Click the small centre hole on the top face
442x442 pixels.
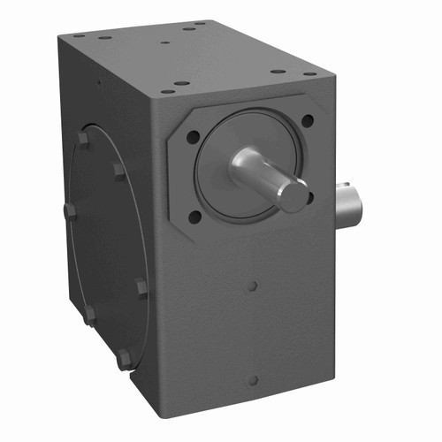tap(165, 41)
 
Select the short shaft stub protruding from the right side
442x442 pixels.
tap(350, 203)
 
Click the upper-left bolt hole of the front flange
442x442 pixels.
tap(193, 137)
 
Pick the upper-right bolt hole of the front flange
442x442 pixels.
tap(307, 120)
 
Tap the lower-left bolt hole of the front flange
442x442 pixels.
tap(194, 215)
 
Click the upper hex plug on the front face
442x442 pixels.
tap(253, 286)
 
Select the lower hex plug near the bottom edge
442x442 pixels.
tap(253, 380)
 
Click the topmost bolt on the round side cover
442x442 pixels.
tap(83, 139)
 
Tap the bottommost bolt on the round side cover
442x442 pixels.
tap(125, 358)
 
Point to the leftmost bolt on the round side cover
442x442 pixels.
tap(69, 210)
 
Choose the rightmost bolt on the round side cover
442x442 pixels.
tap(141, 286)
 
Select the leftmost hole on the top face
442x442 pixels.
tap(79, 36)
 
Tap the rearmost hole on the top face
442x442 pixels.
tap(202, 24)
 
